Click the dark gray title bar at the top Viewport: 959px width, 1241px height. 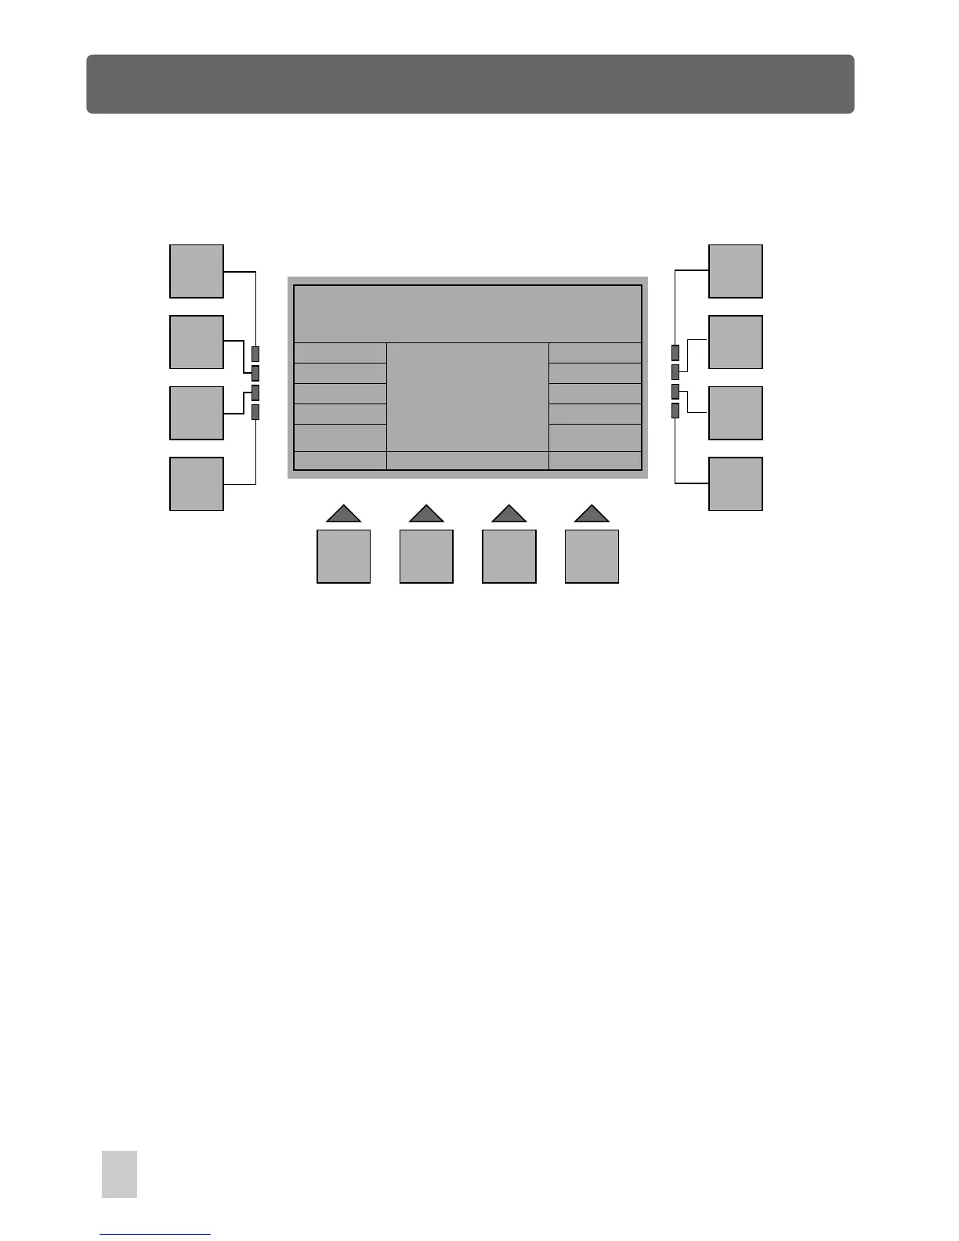coord(470,84)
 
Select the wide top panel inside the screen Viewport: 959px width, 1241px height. coord(468,313)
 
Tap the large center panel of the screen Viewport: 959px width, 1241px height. coord(468,396)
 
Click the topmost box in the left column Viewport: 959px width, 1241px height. coord(197,271)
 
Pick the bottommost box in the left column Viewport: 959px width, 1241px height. coord(197,484)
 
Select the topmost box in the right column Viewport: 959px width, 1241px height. coord(736,271)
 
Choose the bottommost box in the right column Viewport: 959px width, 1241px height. coord(736,484)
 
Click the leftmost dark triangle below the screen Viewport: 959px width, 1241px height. coord(343,514)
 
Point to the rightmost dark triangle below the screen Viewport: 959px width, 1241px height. coord(592,514)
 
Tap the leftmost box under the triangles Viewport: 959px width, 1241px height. coord(343,556)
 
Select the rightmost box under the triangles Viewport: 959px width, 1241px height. coord(592,556)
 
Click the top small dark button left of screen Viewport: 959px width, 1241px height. coord(255,353)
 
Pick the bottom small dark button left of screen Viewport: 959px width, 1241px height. coord(255,411)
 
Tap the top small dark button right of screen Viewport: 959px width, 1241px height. coord(675,352)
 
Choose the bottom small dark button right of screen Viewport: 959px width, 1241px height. coord(675,410)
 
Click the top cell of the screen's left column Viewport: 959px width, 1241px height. coord(340,353)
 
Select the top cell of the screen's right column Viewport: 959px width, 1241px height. coord(595,353)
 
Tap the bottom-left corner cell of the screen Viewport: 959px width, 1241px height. coord(340,461)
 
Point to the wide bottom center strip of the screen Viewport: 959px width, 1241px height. coord(468,461)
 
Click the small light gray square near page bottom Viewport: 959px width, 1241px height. coord(119,1174)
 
